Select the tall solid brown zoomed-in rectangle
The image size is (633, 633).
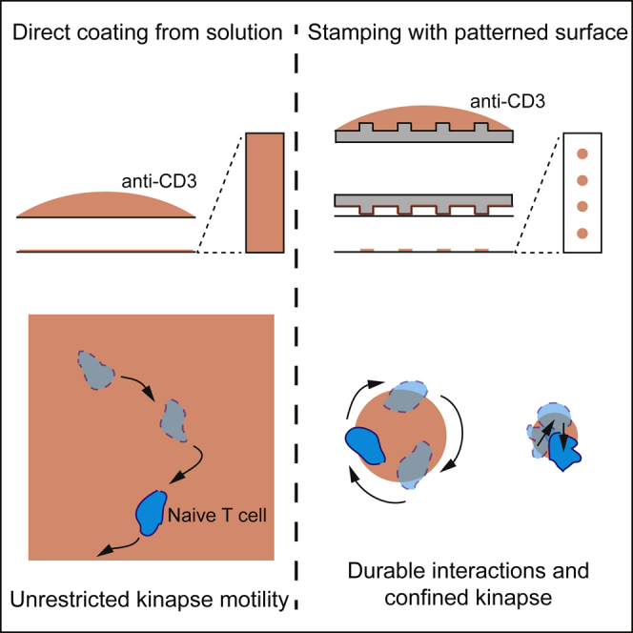tap(265, 193)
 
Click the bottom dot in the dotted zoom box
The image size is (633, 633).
tap(582, 233)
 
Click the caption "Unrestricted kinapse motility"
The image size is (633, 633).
tap(147, 599)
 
